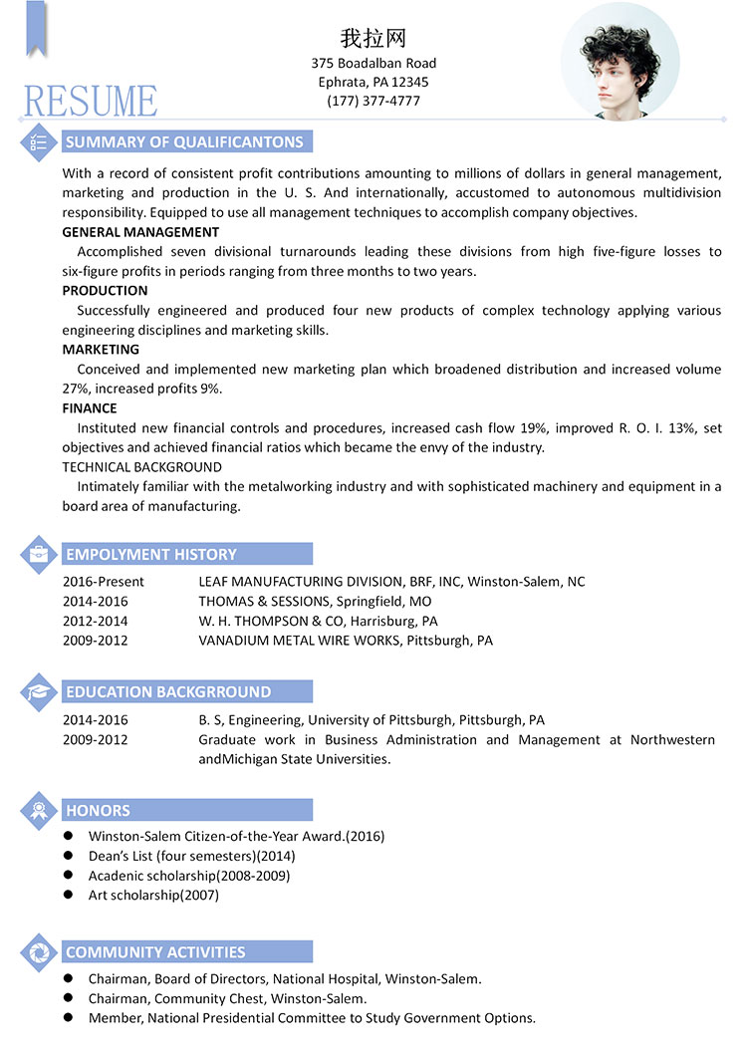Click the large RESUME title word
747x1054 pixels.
[x=91, y=101]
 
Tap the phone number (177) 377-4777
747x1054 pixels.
[x=373, y=101]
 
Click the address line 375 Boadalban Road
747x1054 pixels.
[x=373, y=63]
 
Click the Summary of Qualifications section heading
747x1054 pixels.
[x=184, y=141]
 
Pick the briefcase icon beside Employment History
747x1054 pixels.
[x=38, y=554]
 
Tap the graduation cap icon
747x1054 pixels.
[x=38, y=691]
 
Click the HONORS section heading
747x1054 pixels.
[x=98, y=810]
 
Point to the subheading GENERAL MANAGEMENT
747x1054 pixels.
[x=140, y=232]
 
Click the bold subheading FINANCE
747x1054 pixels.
[x=90, y=408]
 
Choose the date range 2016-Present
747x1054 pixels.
[x=104, y=582]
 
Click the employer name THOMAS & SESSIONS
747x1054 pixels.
[x=264, y=602]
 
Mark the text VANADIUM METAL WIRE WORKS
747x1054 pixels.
[x=300, y=641]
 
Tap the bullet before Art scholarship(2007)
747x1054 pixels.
[x=69, y=895]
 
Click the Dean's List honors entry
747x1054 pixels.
[x=191, y=856]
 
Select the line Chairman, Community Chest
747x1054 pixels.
[x=227, y=998]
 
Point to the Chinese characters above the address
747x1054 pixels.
[x=373, y=39]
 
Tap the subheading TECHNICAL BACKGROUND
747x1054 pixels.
[x=141, y=467]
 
